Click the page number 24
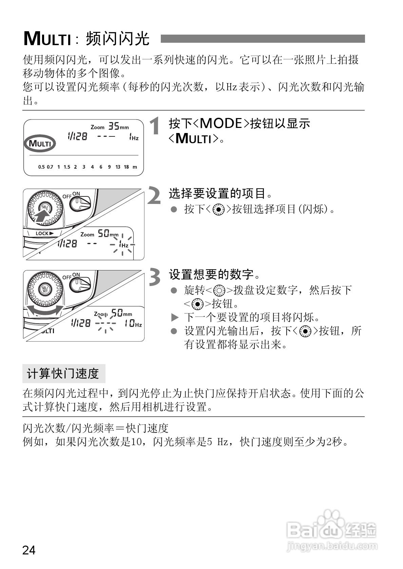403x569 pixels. [29, 550]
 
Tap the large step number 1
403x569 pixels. [155, 126]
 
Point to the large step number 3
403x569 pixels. [155, 277]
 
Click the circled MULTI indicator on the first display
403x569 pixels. [40, 144]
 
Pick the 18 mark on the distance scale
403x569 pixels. [126, 167]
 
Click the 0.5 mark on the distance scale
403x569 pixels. [41, 167]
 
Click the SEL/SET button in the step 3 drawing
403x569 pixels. [45, 290]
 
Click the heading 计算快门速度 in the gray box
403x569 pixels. [63, 374]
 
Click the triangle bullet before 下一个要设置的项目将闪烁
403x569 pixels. [174, 318]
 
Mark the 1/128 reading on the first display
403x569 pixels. [77, 136]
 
